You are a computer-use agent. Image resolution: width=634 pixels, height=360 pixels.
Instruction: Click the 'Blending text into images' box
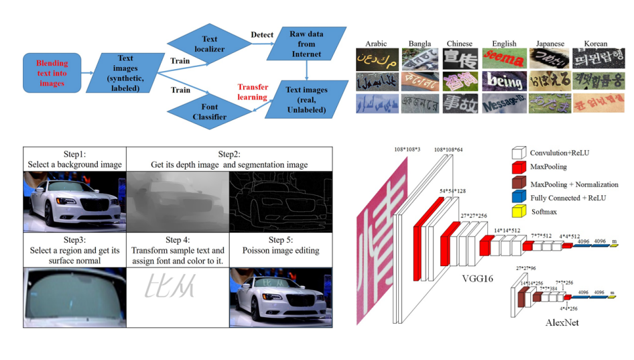pos(52,74)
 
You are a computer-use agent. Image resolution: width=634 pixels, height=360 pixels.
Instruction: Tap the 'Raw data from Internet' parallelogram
pos(306,44)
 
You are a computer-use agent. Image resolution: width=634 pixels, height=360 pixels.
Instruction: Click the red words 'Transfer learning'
pos(252,92)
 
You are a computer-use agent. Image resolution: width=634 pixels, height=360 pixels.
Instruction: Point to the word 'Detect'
pos(261,34)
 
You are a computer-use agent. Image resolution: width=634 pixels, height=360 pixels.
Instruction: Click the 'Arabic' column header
pos(376,44)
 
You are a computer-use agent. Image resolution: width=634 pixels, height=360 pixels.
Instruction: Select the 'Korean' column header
pos(595,44)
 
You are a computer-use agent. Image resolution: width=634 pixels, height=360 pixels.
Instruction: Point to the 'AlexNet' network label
pos(562,322)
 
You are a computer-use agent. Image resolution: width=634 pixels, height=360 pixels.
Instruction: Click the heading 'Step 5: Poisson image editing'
pos(280,245)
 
